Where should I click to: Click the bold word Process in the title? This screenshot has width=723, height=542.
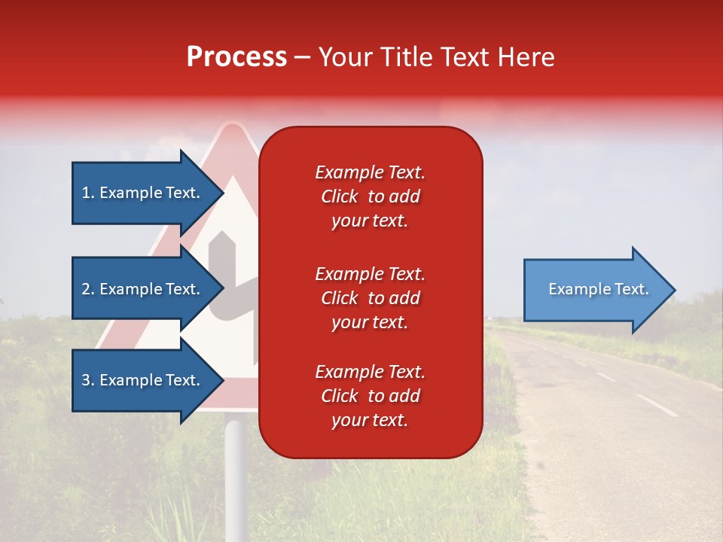pyautogui.click(x=236, y=57)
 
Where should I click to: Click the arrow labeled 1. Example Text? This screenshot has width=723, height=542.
pyautogui.click(x=143, y=193)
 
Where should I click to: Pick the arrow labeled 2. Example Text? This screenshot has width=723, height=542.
pyautogui.click(x=143, y=289)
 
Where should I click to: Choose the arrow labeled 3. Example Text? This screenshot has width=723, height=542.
pyautogui.click(x=143, y=380)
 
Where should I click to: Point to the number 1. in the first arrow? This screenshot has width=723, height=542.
pyautogui.click(x=88, y=193)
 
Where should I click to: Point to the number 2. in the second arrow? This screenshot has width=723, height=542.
pyautogui.click(x=88, y=289)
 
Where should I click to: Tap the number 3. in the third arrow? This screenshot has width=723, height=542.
pyautogui.click(x=88, y=380)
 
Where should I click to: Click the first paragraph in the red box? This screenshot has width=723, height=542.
pyautogui.click(x=370, y=196)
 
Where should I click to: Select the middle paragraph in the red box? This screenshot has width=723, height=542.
pyautogui.click(x=370, y=298)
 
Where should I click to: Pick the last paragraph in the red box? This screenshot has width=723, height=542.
pyautogui.click(x=370, y=396)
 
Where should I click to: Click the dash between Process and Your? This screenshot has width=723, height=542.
pyautogui.click(x=302, y=57)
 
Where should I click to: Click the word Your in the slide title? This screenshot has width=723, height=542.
pyautogui.click(x=346, y=57)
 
